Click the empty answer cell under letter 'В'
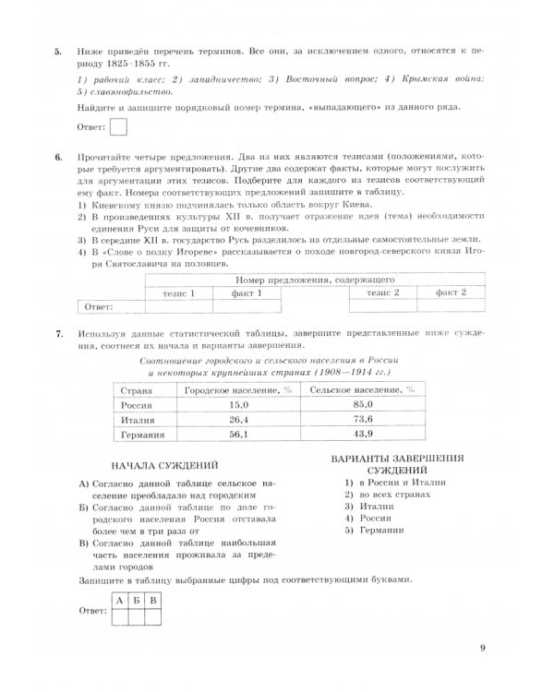coord(153,618)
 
